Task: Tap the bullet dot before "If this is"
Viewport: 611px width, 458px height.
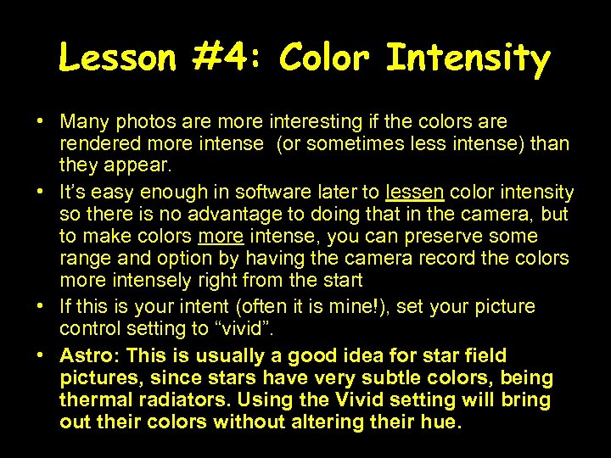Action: [x=40, y=305]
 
